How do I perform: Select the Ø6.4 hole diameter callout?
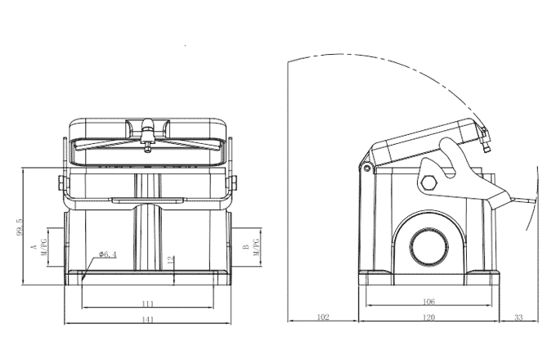tap(108, 254)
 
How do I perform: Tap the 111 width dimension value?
tap(147, 303)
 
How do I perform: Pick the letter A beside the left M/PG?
tap(34, 245)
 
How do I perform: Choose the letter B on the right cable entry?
tap(245, 245)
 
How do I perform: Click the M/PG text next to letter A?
tap(47, 245)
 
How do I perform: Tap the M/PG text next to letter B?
tap(258, 245)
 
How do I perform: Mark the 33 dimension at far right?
tap(518, 317)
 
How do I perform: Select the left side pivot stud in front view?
tap(62, 182)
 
